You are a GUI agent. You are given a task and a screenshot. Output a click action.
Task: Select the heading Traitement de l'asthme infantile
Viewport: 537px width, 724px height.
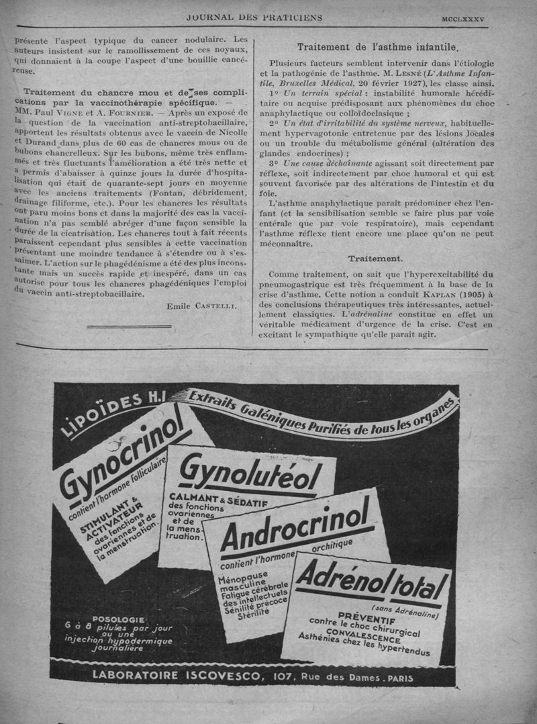377,47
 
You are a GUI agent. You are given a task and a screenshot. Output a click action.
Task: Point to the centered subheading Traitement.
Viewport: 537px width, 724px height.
375,258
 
